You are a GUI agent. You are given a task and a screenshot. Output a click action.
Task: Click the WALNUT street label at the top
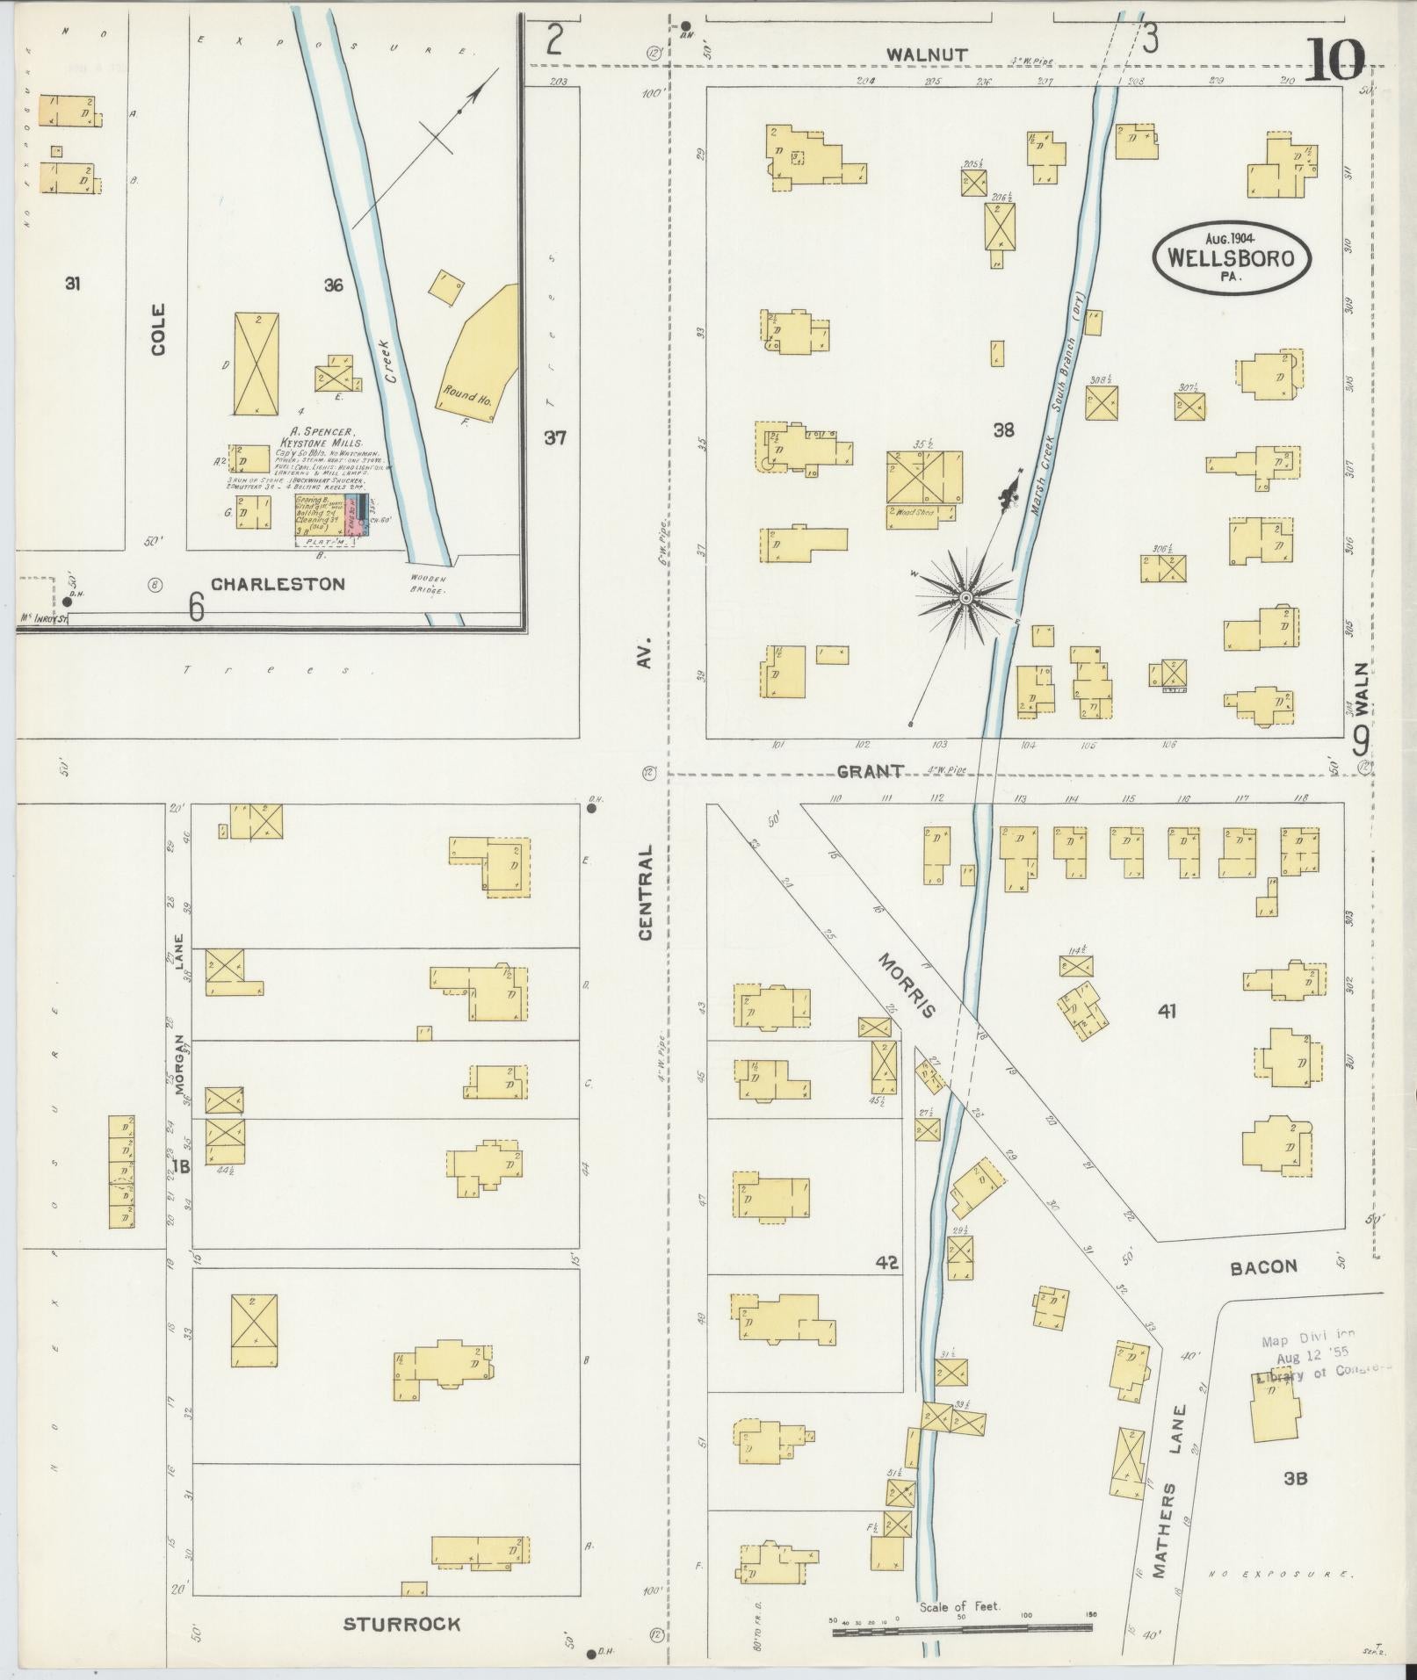click(927, 54)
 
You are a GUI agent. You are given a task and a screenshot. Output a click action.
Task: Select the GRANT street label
click(870, 771)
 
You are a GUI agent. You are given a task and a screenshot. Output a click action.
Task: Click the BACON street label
click(1263, 1265)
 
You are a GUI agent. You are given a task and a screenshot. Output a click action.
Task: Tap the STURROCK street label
click(401, 1624)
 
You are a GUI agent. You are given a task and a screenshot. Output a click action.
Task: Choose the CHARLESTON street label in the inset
click(278, 584)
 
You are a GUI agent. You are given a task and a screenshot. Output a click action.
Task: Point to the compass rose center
click(965, 597)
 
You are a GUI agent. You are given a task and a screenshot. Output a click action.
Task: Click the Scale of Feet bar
click(962, 1631)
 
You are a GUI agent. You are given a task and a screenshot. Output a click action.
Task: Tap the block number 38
click(1003, 430)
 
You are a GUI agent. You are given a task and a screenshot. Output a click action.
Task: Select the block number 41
click(1166, 1011)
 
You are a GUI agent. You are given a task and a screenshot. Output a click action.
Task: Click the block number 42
click(886, 1263)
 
